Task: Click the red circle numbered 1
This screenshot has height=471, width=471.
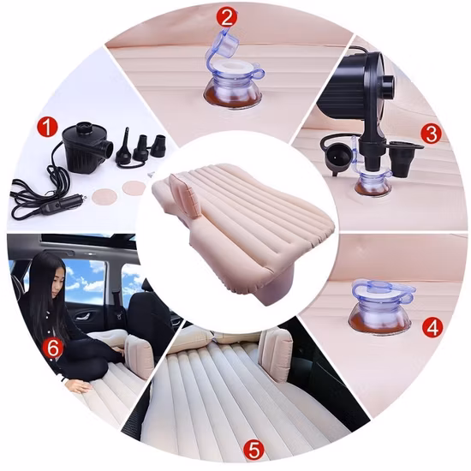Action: [47, 128]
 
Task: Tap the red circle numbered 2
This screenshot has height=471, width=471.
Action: [228, 17]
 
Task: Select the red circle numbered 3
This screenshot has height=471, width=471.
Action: [432, 134]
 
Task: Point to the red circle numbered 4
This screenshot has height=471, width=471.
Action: [432, 327]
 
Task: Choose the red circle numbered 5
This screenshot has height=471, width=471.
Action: [253, 450]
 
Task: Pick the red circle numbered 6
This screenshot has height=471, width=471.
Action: [53, 349]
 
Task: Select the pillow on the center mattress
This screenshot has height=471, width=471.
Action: [183, 194]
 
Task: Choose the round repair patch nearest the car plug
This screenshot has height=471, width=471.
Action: [104, 196]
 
